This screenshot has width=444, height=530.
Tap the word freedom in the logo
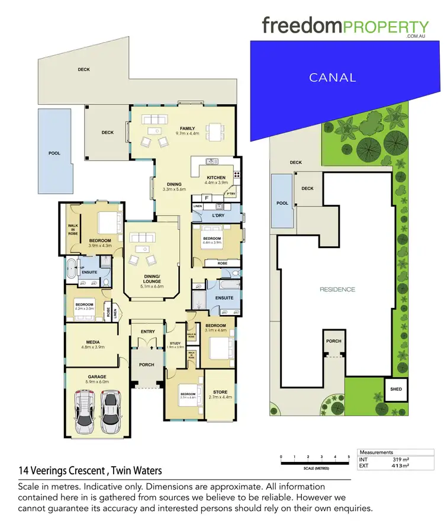point(300,26)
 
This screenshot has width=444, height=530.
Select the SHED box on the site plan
point(394,389)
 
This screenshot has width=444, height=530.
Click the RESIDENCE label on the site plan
point(337,290)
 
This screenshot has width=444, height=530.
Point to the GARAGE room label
point(97,377)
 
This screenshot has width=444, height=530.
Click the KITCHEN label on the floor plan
point(215,178)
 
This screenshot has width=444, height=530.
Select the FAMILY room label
point(188,129)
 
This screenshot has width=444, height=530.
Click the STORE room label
point(220,392)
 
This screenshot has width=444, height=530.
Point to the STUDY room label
point(175,343)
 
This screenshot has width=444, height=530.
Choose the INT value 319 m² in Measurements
point(401,459)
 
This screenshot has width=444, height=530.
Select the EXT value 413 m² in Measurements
point(401,466)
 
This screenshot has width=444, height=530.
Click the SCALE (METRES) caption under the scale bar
point(316,468)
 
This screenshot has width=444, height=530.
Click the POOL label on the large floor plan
point(54,153)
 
